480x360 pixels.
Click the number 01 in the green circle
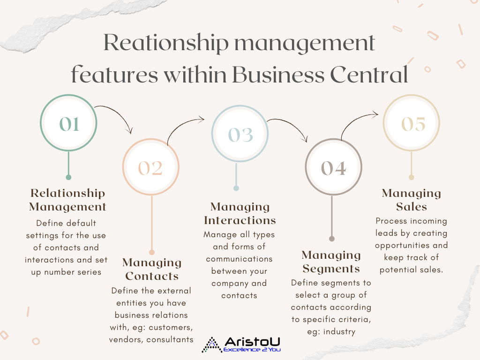[x=69, y=124]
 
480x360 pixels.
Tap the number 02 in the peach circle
[x=150, y=168]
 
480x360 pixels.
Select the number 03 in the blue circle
[x=240, y=135]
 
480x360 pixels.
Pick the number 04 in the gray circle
[x=334, y=168]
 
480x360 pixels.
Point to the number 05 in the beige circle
[x=413, y=124]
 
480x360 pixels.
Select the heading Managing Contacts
[x=152, y=270]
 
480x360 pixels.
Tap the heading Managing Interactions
[x=240, y=214]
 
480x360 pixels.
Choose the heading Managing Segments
[x=331, y=262]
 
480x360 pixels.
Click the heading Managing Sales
[x=412, y=200]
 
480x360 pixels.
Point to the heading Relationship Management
[x=67, y=200]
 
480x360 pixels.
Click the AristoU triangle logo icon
[x=211, y=345]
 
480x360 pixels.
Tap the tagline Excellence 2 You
[x=252, y=350]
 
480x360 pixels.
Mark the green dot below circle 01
[x=68, y=177]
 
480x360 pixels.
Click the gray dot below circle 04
[x=332, y=239]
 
